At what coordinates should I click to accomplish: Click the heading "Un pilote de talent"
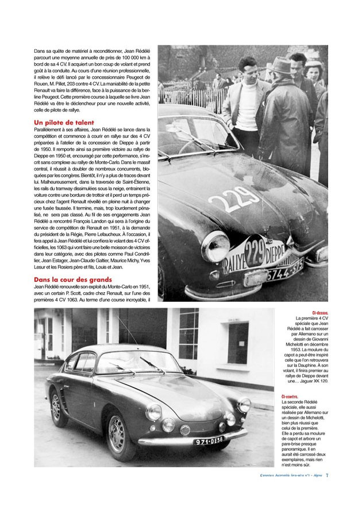(64, 123)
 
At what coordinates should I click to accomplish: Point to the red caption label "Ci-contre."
(290, 397)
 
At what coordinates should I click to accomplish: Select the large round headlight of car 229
(215, 247)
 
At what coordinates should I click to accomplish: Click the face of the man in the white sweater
(248, 67)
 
